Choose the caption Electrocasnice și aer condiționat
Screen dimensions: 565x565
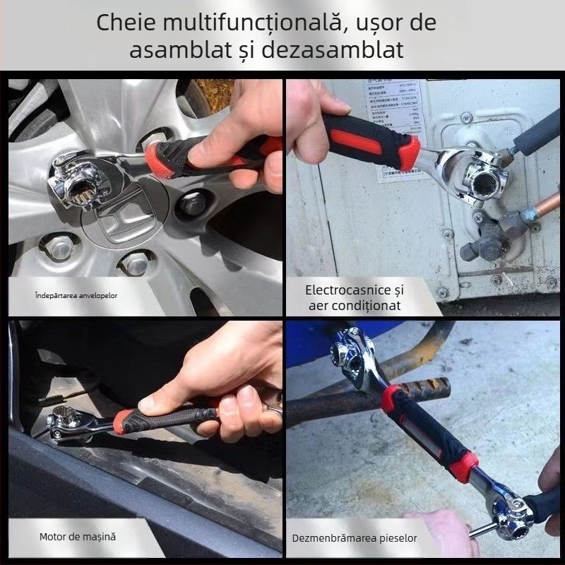coord(354,297)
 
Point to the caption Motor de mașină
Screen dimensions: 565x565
coord(77,537)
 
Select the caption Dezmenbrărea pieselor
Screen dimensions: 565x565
coord(354,538)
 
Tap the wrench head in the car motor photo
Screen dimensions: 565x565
coord(71,424)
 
